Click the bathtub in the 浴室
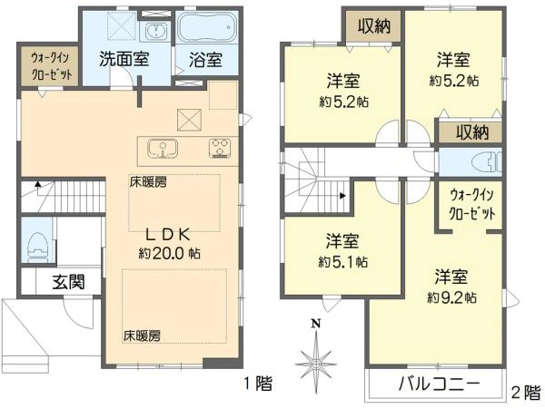tap(207, 27)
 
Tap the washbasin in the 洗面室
tap(155, 30)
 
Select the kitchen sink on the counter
tap(163, 149)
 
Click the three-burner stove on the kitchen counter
tap(220, 149)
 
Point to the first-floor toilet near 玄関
tap(37, 247)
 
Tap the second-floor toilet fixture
tap(487, 162)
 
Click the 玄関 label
tap(69, 282)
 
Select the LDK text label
tap(168, 235)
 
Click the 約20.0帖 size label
tap(169, 254)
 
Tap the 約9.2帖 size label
tap(451, 297)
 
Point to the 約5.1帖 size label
tap(343, 262)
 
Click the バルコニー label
tap(439, 384)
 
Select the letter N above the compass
tap(315, 325)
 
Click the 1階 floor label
tap(258, 384)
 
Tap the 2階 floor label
tap(526, 393)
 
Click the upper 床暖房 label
tap(148, 182)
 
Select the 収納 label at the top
tap(374, 26)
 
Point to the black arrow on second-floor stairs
tap(342, 196)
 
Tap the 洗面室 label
tap(124, 59)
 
